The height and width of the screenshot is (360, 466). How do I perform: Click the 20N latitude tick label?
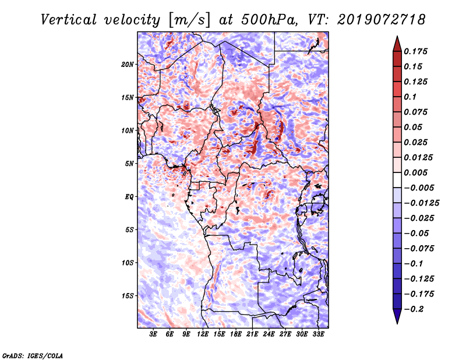(128, 65)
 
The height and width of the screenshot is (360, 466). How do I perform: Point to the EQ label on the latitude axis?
(129, 197)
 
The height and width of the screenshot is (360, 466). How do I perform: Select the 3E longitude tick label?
(153, 334)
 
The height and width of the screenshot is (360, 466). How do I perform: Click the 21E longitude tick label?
(252, 334)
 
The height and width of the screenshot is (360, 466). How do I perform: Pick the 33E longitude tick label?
(318, 334)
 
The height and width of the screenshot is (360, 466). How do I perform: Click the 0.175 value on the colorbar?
(415, 51)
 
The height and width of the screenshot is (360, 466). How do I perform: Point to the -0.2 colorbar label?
(414, 309)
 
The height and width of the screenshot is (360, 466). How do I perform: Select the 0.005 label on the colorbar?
(415, 172)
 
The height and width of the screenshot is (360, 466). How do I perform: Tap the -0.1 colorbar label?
(414, 264)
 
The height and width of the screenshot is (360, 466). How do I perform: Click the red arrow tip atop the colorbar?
(397, 37)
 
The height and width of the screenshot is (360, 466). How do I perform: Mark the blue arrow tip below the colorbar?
(397, 323)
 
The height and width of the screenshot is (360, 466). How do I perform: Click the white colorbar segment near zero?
(397, 180)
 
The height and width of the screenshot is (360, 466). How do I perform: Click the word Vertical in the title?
(69, 20)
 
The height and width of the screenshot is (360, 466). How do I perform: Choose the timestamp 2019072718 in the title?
(382, 20)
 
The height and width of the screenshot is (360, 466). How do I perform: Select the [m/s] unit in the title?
(189, 20)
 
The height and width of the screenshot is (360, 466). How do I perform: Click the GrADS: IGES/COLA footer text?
(33, 356)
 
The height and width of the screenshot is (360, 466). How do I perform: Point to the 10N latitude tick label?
(128, 130)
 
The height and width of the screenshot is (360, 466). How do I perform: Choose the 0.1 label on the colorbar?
(410, 97)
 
